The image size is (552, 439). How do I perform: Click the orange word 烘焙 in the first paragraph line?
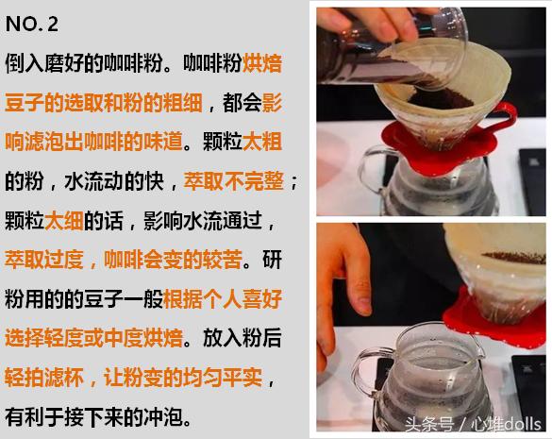coord(262,65)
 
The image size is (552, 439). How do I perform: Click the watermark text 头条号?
coord(430,422)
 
